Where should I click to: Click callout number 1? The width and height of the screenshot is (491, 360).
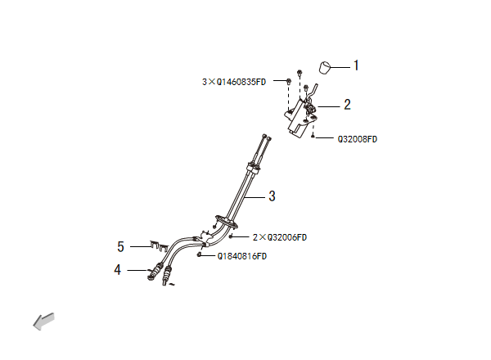(x=356, y=65)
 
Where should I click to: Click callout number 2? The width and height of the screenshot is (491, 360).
(x=347, y=105)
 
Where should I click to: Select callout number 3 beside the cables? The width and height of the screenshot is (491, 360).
(x=273, y=196)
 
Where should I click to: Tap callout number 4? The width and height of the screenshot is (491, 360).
(x=119, y=268)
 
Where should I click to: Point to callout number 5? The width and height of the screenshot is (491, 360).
(x=120, y=245)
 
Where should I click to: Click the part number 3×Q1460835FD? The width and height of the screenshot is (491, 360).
(x=234, y=82)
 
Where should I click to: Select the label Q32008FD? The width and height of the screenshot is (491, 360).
(x=358, y=139)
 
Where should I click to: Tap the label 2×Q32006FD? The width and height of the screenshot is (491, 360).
(x=279, y=237)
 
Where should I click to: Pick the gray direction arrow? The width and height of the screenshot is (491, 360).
(x=43, y=322)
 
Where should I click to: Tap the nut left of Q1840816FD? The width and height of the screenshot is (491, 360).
(x=200, y=255)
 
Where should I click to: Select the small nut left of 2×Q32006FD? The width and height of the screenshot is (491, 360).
(x=232, y=236)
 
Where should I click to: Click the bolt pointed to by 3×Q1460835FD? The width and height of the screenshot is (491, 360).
(x=289, y=82)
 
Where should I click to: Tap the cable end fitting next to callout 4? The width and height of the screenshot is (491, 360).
(x=153, y=272)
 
